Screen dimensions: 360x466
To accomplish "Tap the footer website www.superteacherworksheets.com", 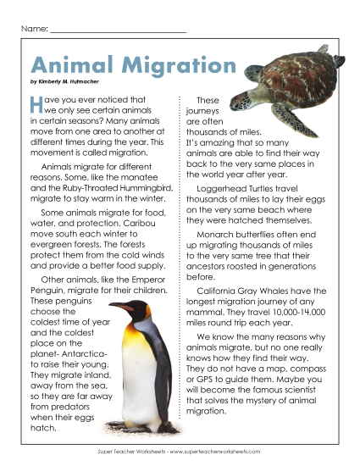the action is coord(220,452).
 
